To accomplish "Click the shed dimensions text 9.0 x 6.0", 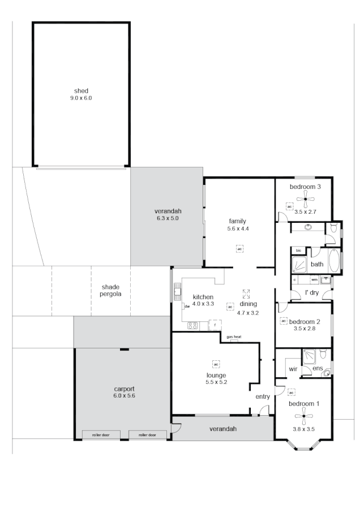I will pyautogui.click(x=81, y=98).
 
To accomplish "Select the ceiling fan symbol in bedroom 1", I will pyautogui.click(x=303, y=417).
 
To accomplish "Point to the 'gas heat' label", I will pyautogui.click(x=234, y=337).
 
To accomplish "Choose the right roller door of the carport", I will pyautogui.click(x=147, y=435).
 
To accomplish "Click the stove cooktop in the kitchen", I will pyautogui.click(x=192, y=325).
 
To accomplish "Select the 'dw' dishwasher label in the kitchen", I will pyautogui.click(x=186, y=306).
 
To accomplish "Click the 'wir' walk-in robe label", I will pyautogui.click(x=293, y=368).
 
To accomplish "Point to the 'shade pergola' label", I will pyautogui.click(x=111, y=291).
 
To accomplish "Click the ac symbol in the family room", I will pyautogui.click(x=239, y=249).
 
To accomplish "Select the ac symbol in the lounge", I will pyautogui.click(x=216, y=363).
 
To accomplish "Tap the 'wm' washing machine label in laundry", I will pyautogui.click(x=314, y=279).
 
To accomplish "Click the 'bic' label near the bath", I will pyautogui.click(x=298, y=249).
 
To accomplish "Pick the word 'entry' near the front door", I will pyautogui.click(x=263, y=396).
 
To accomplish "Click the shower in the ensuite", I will pyautogui.click(x=310, y=356).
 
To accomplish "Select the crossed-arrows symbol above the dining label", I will pyautogui.click(x=246, y=294).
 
